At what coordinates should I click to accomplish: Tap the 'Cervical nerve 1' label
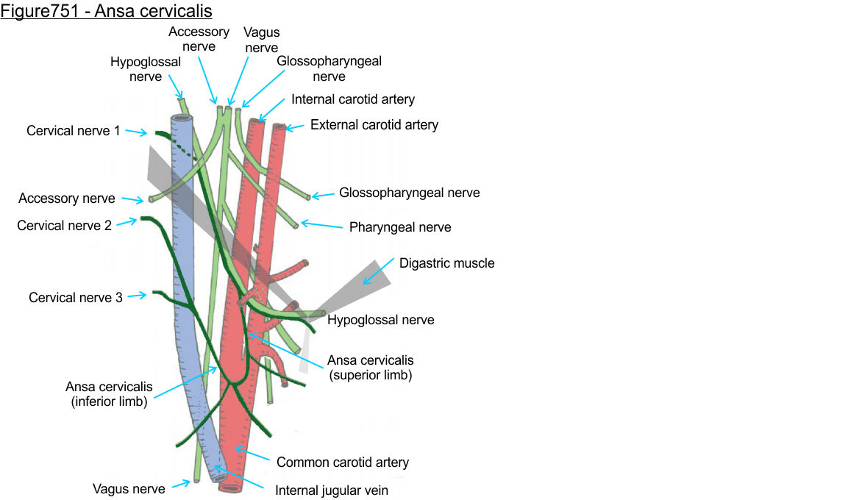point(73,131)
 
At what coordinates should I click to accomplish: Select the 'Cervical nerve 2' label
point(64,226)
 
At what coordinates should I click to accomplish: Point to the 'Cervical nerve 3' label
point(76,298)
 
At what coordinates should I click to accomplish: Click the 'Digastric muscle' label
point(446,263)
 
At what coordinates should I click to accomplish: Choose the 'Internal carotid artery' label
point(353,99)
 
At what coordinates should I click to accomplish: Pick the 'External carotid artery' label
point(374,125)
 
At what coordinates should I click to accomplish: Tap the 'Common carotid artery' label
point(342,463)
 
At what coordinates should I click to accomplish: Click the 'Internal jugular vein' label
point(331,490)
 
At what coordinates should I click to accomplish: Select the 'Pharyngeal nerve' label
point(399,228)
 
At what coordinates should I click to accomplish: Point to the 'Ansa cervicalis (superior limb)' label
point(370,368)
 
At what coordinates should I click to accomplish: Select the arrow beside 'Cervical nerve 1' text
point(137,132)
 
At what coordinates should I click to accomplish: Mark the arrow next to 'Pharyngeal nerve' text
point(322,225)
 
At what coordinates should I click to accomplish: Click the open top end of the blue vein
point(182,118)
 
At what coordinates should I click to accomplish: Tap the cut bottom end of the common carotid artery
point(230,488)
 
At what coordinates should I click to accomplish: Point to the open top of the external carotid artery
point(279,128)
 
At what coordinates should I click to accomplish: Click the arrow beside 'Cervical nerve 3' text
point(137,296)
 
